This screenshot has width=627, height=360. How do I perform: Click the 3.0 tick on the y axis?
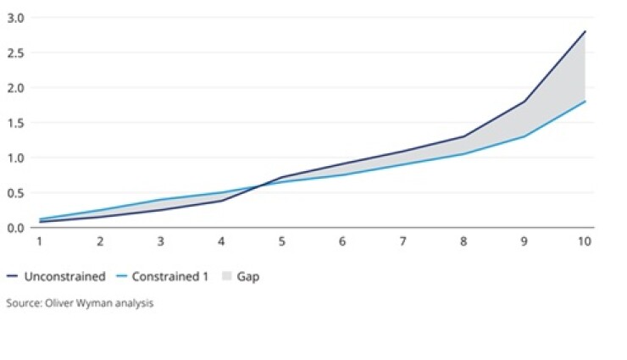[x=15, y=18]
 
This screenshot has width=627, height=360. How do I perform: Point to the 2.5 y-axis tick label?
[x=15, y=53]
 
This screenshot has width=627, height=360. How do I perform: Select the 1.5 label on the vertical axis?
[x=15, y=123]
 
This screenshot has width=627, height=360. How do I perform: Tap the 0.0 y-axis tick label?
[x=15, y=228]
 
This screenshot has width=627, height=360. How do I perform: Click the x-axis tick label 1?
[x=39, y=241]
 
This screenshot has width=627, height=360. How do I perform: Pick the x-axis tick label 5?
[x=282, y=241]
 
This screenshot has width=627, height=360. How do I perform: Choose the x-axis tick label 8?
[x=463, y=241]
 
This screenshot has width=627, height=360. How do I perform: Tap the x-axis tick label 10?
[x=584, y=241]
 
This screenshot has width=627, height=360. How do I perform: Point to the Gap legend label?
[x=248, y=276]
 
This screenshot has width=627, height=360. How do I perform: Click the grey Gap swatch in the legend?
[x=226, y=276]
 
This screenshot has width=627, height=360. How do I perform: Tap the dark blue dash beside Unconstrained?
[x=13, y=276]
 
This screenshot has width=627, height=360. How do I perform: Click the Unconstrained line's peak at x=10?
[x=585, y=31]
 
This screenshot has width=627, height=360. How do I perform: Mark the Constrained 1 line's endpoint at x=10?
[x=585, y=102]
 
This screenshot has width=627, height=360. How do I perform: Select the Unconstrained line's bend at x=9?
[x=524, y=102]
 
